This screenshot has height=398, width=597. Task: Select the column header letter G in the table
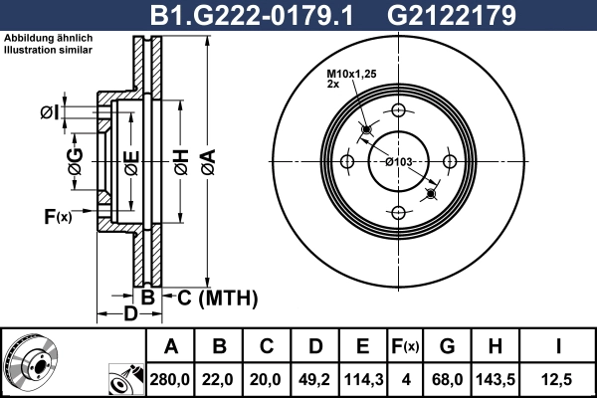pyautogui.click(x=448, y=346)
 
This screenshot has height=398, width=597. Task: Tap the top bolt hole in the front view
pyautogui.click(x=399, y=110)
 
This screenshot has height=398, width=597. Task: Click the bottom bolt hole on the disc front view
pyautogui.click(x=399, y=212)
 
